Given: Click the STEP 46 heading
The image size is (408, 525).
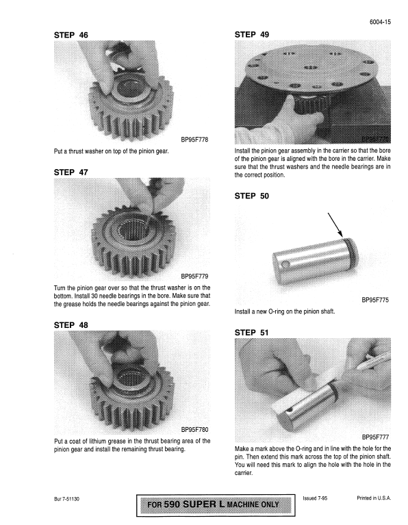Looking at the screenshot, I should tap(71, 34).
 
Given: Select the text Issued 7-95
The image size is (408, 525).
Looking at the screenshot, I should tap(315, 499).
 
